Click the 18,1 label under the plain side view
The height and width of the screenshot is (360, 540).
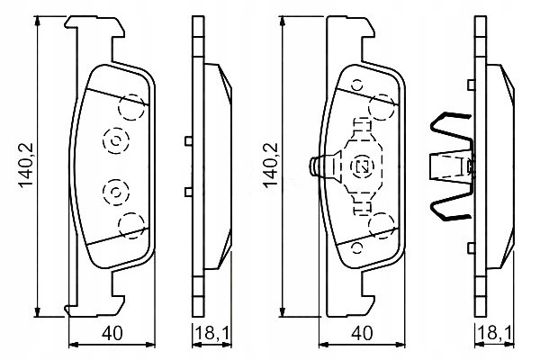pos(210,333)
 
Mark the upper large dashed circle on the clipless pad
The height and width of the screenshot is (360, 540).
pos(131,108)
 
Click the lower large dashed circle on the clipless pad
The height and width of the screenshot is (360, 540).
pos(131,224)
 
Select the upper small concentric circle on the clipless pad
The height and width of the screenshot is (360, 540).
pos(115,139)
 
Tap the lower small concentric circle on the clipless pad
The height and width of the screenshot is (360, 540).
pos(115,193)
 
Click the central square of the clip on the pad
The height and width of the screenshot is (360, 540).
pos(364,166)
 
